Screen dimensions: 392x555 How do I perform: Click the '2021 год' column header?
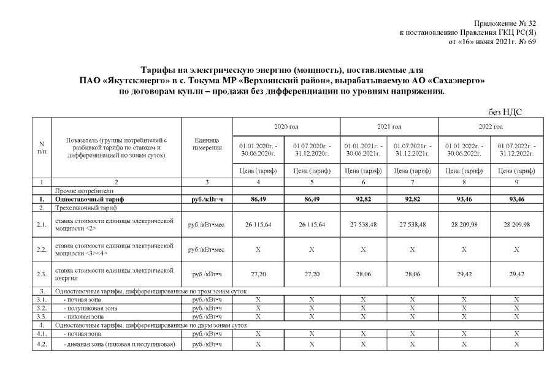pos(388,127)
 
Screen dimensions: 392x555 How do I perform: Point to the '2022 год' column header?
pos(491,127)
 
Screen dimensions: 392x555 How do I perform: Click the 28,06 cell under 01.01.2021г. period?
pos(364,275)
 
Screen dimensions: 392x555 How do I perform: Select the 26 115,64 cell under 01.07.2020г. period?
pos(312,225)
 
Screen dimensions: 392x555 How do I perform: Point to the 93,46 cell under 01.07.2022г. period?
pos(516,200)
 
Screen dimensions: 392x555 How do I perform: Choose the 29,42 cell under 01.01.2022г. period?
pos(464,275)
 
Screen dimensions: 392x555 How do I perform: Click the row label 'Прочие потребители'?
pos(78,191)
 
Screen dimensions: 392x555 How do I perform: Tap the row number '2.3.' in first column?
pos(41,275)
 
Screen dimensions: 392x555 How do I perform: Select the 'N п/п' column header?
pos(41,148)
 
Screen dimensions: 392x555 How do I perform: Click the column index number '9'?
pos(516,182)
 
